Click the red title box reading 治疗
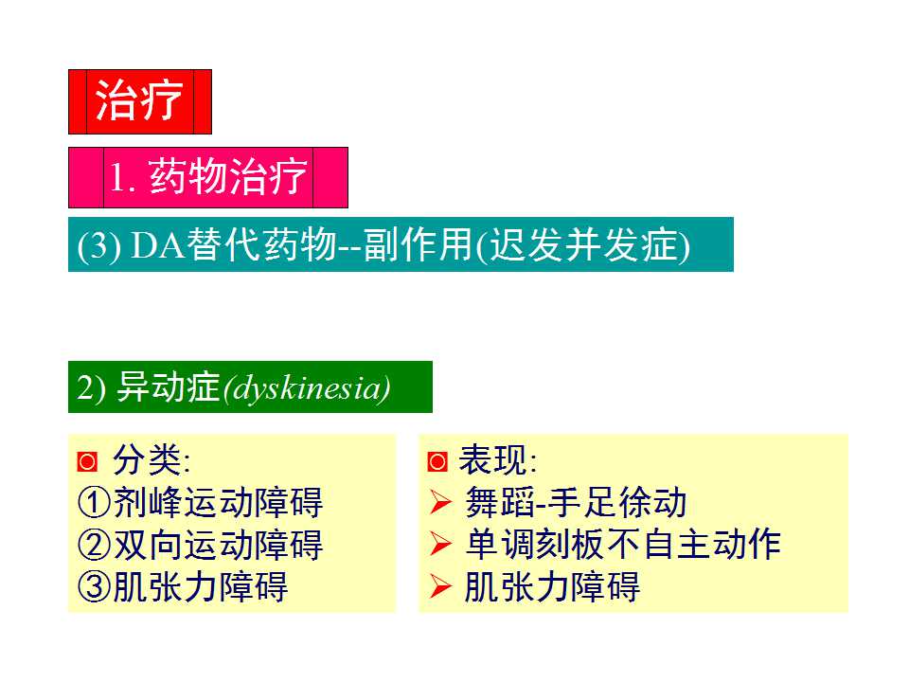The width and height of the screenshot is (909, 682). click(139, 101)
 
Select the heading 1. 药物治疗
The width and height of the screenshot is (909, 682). click(208, 178)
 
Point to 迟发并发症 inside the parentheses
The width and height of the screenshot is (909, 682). click(582, 245)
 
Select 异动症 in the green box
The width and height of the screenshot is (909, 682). click(168, 388)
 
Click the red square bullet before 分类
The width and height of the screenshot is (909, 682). click(87, 462)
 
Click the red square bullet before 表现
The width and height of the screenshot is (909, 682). click(437, 462)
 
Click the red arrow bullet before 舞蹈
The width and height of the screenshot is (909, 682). click(439, 503)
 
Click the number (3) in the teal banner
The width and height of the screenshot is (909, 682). click(98, 246)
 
